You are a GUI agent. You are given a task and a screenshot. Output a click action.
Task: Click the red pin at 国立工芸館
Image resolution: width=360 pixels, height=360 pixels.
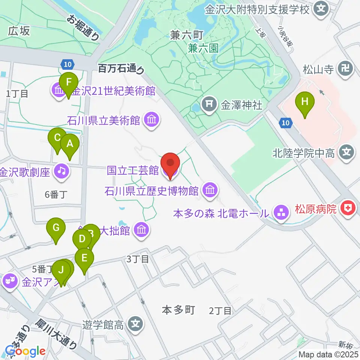click(x=171, y=163)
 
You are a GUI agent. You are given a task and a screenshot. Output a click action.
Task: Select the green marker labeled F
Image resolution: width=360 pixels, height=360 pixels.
click(x=68, y=84)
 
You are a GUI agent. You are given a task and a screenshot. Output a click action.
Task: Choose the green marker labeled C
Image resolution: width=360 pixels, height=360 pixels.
click(x=57, y=139)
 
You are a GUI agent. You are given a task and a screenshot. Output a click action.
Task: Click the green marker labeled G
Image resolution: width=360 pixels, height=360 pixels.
click(x=56, y=229)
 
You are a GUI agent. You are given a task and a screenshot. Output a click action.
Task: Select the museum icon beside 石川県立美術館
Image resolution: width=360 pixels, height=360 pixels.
click(x=152, y=120)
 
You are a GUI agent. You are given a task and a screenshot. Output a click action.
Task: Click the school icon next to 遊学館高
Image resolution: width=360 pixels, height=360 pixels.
click(x=135, y=324)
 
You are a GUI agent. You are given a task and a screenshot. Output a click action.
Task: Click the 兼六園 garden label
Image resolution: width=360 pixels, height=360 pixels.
click(x=203, y=48)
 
